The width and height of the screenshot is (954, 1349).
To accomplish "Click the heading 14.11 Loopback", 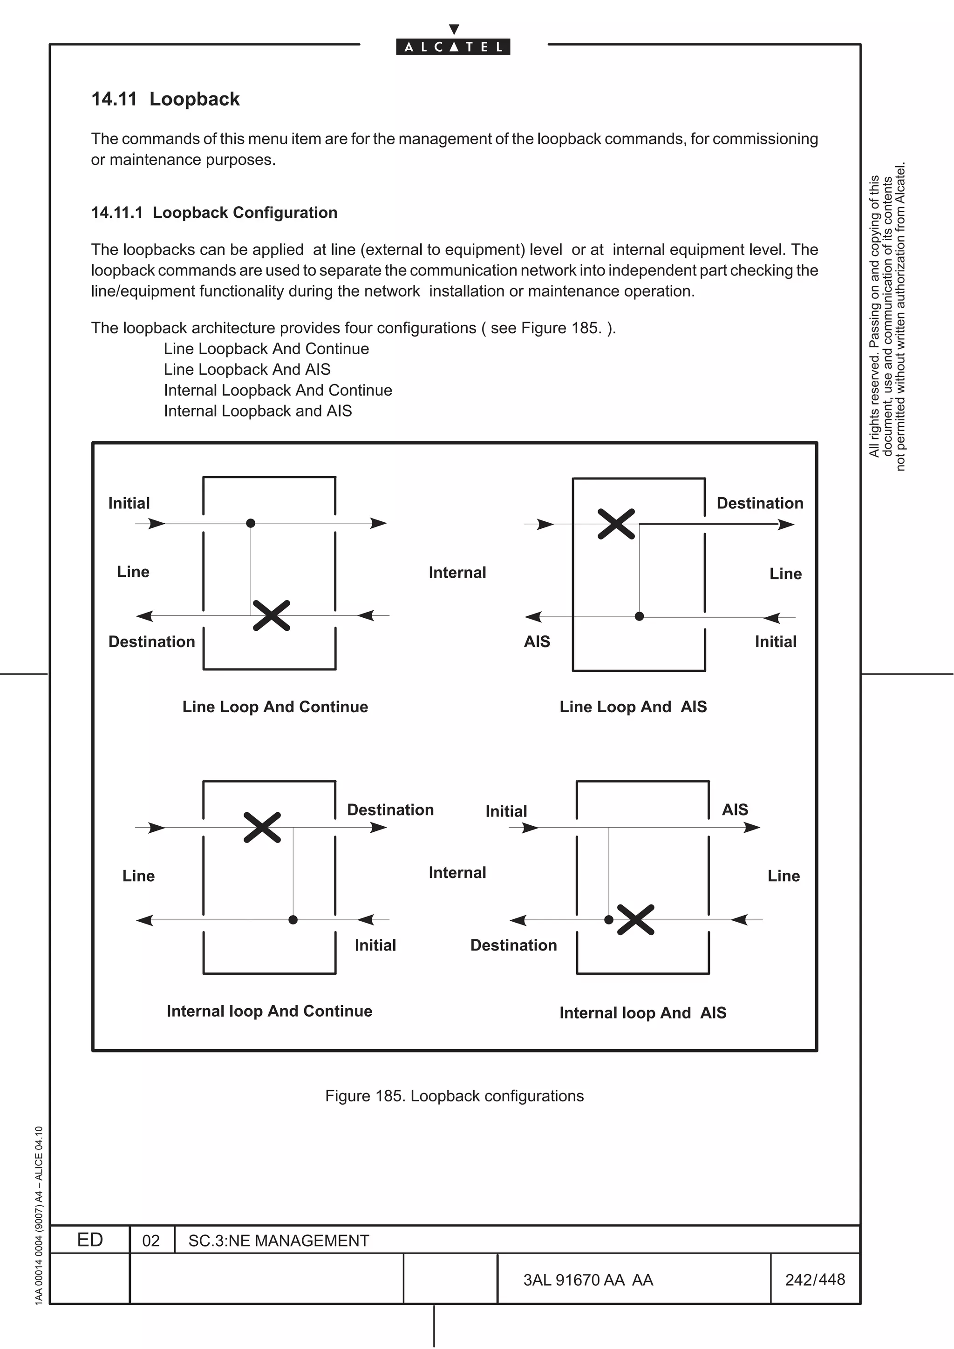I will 165,99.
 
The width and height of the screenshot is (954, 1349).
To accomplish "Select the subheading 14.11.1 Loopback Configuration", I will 214,213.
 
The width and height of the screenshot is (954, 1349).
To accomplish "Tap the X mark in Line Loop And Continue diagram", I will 271,615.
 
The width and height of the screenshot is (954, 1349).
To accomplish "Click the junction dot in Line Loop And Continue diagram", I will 251,523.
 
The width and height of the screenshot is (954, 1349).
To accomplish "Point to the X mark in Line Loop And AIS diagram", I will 616,524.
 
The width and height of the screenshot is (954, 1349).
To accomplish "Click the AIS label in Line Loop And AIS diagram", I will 537,641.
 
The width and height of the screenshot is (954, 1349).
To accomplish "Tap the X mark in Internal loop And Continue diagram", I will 262,827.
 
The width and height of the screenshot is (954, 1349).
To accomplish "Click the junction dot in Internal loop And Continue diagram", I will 293,919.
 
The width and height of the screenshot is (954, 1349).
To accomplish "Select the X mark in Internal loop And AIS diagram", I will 635,919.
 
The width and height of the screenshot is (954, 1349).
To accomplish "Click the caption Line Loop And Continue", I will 275,707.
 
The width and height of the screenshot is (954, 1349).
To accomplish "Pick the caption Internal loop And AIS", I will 642,1013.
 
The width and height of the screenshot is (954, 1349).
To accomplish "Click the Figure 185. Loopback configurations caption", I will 454,1096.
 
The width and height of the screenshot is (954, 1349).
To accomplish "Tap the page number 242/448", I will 815,1280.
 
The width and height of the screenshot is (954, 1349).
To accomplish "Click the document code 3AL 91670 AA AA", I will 588,1280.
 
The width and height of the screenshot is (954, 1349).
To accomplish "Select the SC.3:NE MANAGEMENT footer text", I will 278,1241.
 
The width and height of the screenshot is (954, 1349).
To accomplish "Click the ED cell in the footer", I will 90,1240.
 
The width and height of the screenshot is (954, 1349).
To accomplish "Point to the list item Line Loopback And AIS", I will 247,370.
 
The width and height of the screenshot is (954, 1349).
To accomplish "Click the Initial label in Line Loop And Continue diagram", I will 129,504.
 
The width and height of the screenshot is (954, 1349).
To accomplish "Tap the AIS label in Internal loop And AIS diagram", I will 735,809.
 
